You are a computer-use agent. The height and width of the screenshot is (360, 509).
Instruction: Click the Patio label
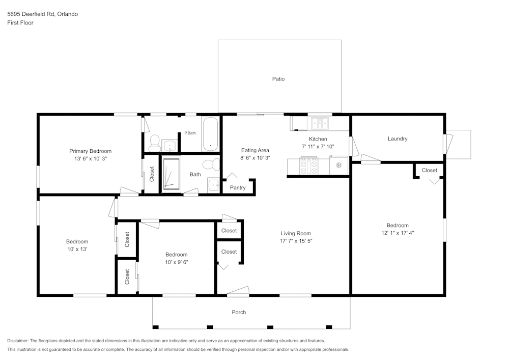coord(278,79)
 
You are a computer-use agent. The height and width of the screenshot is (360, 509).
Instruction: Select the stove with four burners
coord(308,165)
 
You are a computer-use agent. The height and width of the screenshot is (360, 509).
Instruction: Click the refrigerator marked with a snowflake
coord(338,165)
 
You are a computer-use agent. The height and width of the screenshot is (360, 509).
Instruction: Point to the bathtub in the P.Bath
coord(210,134)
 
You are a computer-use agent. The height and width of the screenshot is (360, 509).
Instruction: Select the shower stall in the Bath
coord(171,174)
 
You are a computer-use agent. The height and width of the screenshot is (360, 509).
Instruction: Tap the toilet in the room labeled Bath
coord(209,164)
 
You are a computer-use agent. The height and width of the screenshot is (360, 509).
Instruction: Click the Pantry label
coord(238,187)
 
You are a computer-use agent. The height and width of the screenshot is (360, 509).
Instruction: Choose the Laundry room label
coord(397,139)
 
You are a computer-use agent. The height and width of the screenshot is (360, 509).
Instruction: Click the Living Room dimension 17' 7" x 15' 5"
coord(296,241)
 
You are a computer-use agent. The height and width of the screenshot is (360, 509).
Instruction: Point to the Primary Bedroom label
coord(90,151)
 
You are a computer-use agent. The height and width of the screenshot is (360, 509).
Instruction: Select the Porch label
coord(239,312)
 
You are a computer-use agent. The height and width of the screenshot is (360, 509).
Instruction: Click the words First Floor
coord(20,23)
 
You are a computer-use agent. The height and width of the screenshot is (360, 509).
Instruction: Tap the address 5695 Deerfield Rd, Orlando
coord(42,14)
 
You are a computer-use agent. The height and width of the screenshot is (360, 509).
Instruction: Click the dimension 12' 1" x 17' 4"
coord(397,233)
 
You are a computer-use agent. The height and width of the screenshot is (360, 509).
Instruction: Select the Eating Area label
coord(255,150)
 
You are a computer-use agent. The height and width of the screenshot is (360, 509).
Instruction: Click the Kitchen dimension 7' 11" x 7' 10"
coord(318,146)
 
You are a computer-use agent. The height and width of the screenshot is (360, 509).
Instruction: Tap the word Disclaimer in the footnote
coord(18,341)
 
